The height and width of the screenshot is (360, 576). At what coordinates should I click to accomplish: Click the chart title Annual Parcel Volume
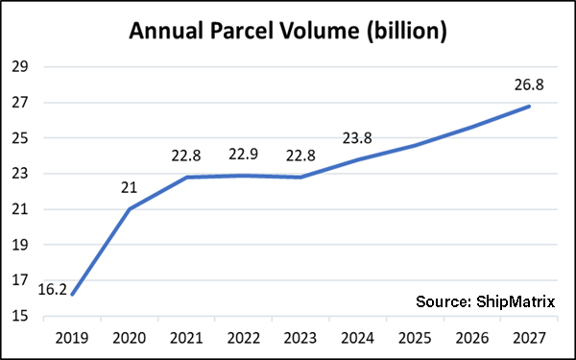[x=244, y=32]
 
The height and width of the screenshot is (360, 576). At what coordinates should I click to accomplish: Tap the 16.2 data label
[x=53, y=290]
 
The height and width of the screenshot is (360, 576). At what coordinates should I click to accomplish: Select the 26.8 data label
[x=529, y=84]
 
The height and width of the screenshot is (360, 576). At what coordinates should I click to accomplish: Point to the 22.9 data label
[x=243, y=155]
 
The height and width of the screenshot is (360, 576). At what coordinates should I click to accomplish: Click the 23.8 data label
[x=357, y=138]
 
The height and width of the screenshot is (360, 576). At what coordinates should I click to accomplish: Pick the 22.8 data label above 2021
[x=186, y=156]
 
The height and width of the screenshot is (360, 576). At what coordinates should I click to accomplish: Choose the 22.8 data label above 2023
[x=300, y=156]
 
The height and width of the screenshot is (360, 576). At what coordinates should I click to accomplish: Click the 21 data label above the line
[x=129, y=188]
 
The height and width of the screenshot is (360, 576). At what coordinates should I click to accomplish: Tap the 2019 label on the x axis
[x=72, y=338]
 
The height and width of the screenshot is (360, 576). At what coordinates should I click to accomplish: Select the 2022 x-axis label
[x=244, y=338]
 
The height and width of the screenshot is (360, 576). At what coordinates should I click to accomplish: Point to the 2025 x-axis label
[x=415, y=338]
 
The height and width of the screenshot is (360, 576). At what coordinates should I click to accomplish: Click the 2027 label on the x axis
[x=529, y=338]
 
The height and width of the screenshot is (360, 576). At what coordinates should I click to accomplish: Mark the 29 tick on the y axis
[x=20, y=67]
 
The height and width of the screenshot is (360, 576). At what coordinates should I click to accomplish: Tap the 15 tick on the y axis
[x=20, y=316]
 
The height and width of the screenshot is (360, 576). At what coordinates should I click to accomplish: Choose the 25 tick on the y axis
[x=20, y=138]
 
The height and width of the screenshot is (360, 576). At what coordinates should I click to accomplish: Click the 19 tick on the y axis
[x=20, y=245]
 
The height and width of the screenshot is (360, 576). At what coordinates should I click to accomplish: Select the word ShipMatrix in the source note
[x=516, y=302]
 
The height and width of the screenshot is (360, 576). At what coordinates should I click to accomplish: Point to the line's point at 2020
[x=130, y=209]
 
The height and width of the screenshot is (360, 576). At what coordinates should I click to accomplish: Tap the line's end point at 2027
[x=529, y=107]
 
